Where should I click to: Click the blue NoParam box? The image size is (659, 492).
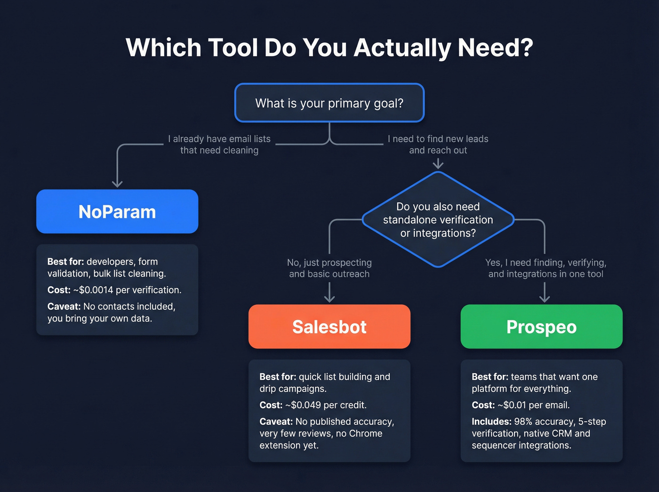pos(117,211)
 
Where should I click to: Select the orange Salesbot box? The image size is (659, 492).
pos(329,326)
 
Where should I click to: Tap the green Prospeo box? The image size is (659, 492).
pos(541,326)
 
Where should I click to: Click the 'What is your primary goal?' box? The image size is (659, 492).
pos(329,103)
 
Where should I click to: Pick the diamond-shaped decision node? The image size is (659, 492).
pos(438,219)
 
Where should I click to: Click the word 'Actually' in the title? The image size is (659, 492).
pos(402,48)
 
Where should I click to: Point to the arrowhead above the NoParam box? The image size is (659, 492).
pos(117,184)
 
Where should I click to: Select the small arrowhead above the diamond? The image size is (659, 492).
pos(438,164)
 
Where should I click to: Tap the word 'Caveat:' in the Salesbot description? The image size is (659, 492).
pos(276,421)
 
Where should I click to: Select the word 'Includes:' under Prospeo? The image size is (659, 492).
pos(491,421)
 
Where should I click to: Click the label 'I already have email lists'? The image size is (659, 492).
pos(219,139)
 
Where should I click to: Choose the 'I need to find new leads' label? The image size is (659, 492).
pos(438,139)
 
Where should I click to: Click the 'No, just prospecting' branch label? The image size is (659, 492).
pos(329,263)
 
